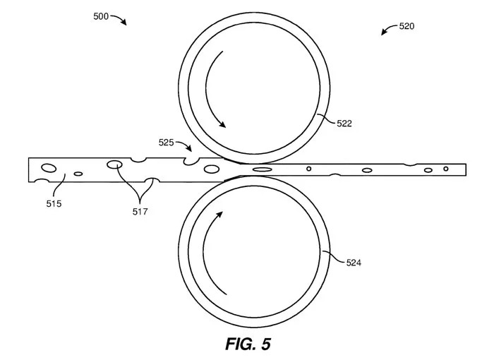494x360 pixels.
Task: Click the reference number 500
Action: [x=101, y=16]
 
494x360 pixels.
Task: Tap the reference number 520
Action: [x=406, y=26]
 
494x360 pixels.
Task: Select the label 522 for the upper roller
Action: [x=344, y=124]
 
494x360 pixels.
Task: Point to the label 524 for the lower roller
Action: [x=354, y=263]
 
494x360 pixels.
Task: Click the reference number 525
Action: [x=166, y=143]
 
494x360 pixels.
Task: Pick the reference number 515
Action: [x=54, y=204]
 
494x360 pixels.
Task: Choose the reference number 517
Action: [x=140, y=212]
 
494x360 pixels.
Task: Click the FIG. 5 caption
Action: [x=248, y=344]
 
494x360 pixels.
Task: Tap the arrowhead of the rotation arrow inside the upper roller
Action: [x=222, y=124]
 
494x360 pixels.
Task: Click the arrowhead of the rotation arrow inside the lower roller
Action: [x=219, y=215]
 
